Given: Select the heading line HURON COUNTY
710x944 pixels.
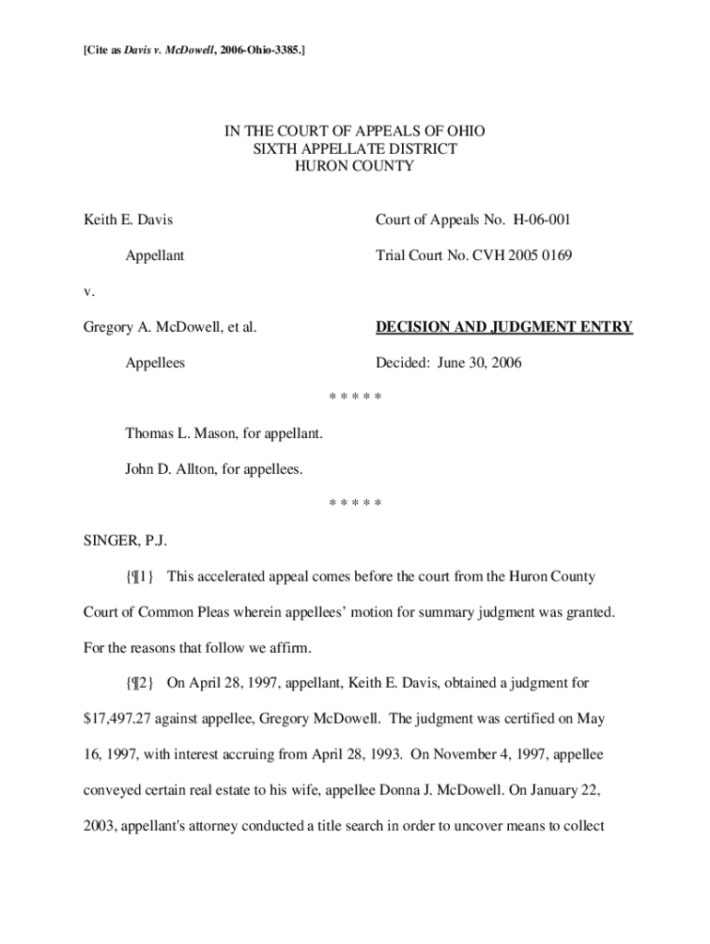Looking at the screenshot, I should click(355, 166).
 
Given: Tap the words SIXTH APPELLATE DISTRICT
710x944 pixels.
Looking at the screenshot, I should click(355, 148).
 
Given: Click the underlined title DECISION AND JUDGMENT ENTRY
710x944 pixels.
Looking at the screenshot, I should click(503, 326).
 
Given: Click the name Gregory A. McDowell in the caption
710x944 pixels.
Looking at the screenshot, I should click(154, 326).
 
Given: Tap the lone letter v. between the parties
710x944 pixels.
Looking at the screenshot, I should click(89, 291).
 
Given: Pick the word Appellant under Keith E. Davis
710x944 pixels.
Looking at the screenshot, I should click(154, 255).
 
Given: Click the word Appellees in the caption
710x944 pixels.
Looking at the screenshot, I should click(155, 362).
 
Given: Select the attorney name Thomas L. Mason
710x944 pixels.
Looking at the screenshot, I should click(182, 433).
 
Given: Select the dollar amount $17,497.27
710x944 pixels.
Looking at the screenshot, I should click(119, 718).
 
